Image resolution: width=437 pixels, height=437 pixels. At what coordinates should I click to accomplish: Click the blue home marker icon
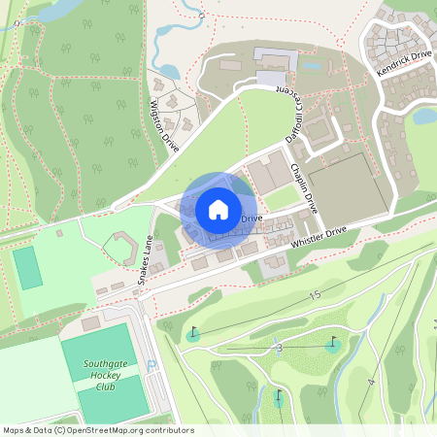pos(218,210)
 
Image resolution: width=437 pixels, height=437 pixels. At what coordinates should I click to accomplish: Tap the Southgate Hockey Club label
pos(93,375)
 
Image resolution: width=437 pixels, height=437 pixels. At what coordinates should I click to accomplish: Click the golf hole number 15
pos(314,293)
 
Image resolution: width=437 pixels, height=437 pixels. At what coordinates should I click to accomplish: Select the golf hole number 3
pos(279,348)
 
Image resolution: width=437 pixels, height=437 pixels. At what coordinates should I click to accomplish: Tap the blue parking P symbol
pos(151,365)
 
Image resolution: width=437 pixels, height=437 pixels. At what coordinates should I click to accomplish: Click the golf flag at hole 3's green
pos(334,341)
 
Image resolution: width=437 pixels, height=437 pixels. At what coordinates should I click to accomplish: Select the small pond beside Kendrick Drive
pos(424,116)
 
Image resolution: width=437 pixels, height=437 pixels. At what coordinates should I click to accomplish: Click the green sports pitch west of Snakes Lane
pos(29,267)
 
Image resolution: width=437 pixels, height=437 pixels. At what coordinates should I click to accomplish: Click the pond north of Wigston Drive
pos(166,71)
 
